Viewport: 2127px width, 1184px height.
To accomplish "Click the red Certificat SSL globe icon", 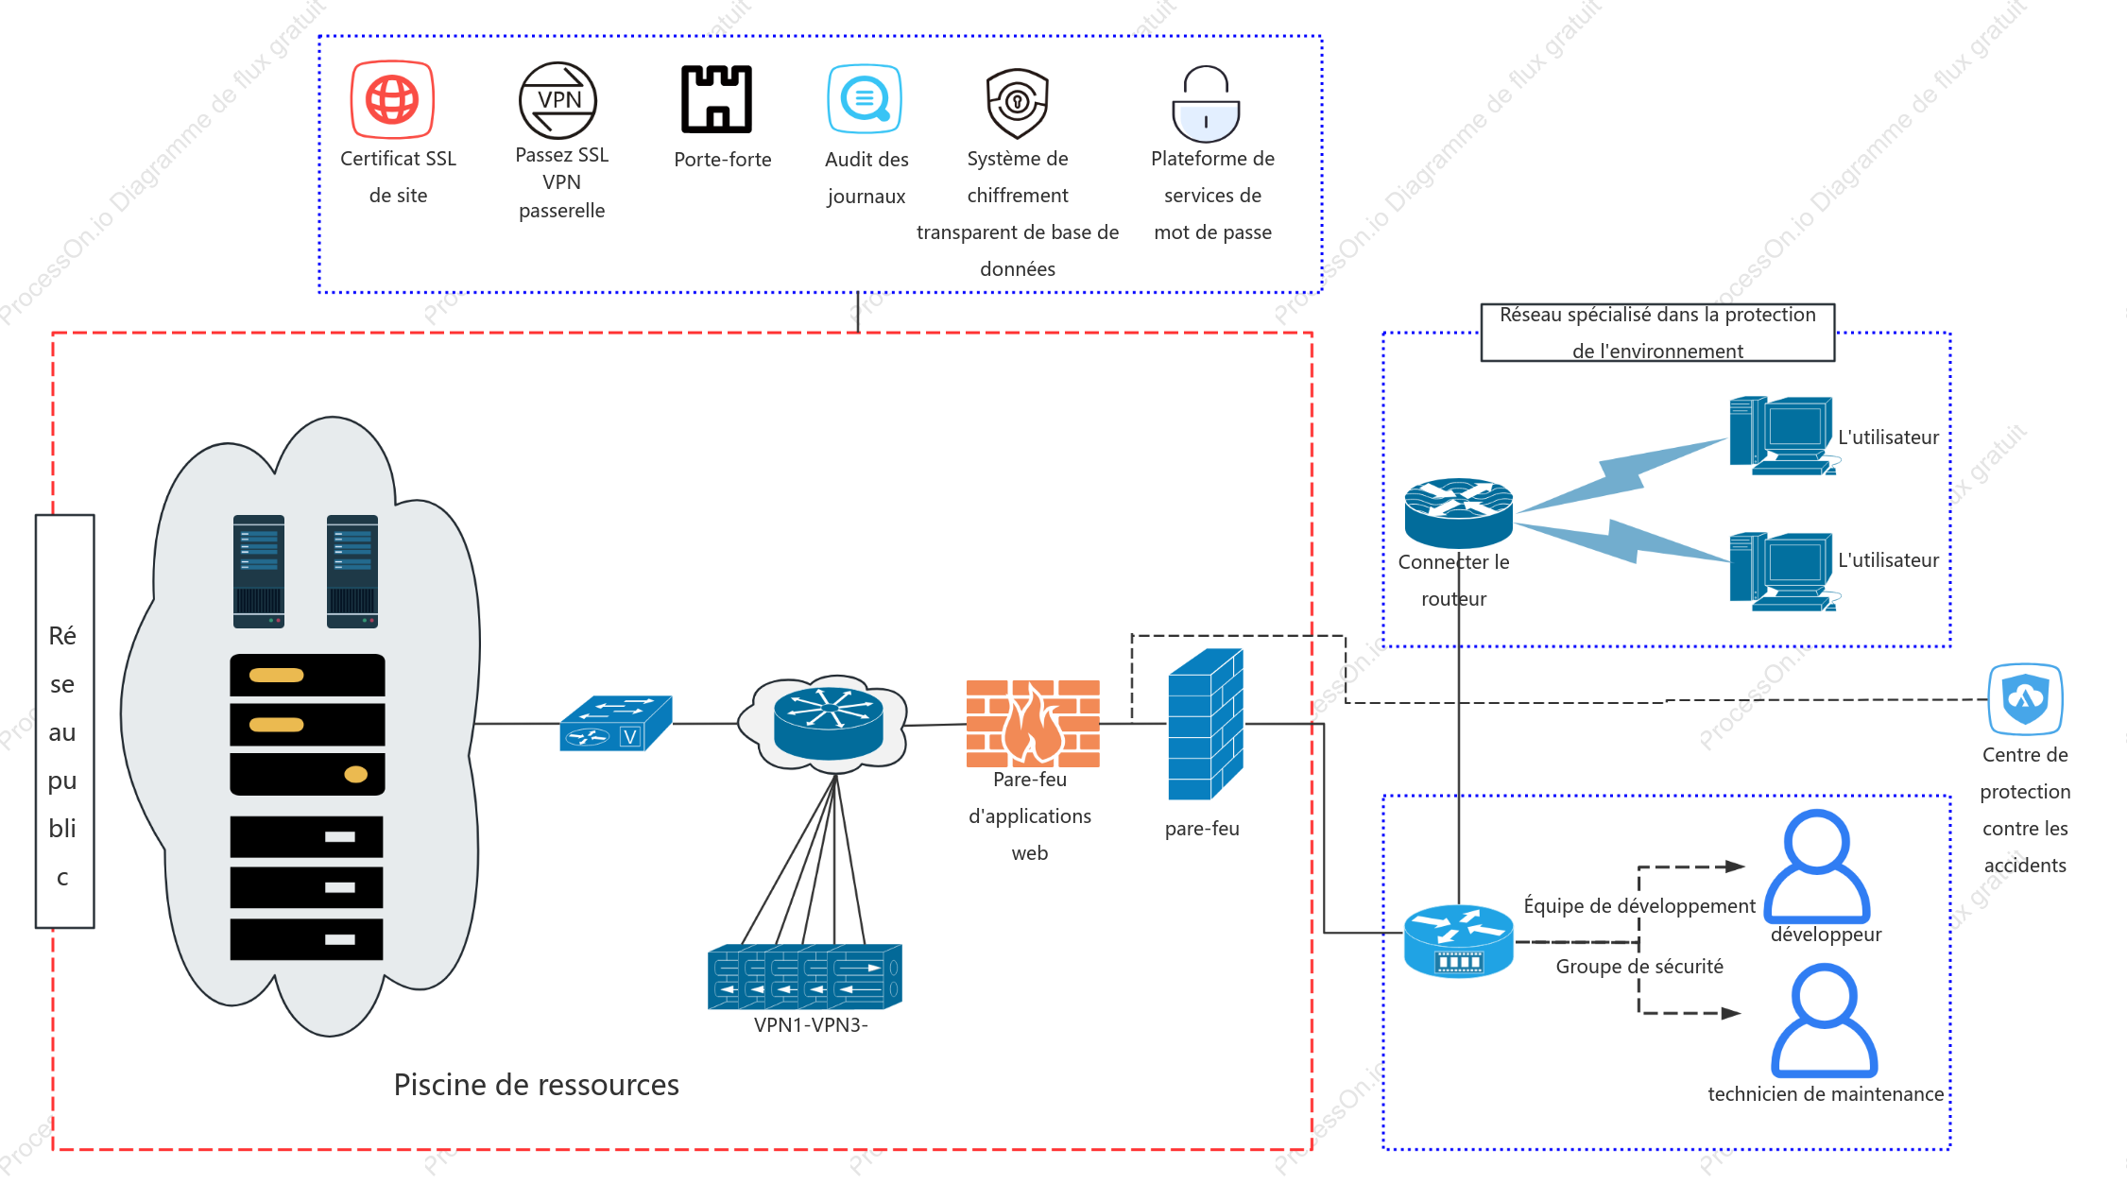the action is [392, 99].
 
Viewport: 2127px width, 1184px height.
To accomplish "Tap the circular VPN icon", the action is [557, 101].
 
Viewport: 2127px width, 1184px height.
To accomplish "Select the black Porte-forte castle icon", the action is [716, 99].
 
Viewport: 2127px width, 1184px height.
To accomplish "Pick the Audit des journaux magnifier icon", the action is [865, 98].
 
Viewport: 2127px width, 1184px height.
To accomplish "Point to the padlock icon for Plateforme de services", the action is [1206, 104].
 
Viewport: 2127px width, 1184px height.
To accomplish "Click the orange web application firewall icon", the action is [1033, 723].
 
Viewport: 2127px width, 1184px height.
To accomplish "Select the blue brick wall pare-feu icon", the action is [1206, 725].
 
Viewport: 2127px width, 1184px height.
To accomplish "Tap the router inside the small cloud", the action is [828, 724].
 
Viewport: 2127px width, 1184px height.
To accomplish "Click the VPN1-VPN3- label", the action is [811, 1024].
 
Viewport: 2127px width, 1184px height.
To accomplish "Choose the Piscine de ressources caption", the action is [536, 1085].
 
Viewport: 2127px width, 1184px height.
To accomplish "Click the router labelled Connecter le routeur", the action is [1458, 513].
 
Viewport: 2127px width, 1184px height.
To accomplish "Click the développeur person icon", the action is [1816, 866].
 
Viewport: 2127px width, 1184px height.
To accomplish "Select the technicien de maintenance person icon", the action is [1824, 1021].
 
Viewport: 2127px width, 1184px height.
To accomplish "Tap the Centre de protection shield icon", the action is [2025, 699].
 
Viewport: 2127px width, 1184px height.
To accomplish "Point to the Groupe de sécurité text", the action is [1639, 966].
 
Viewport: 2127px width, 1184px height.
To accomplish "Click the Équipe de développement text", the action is [1639, 905].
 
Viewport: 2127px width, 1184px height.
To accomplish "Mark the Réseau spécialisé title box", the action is [1657, 333].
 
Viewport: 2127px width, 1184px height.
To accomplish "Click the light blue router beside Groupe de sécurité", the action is [1458, 940].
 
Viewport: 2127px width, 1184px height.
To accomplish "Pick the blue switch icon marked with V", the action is [615, 723].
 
